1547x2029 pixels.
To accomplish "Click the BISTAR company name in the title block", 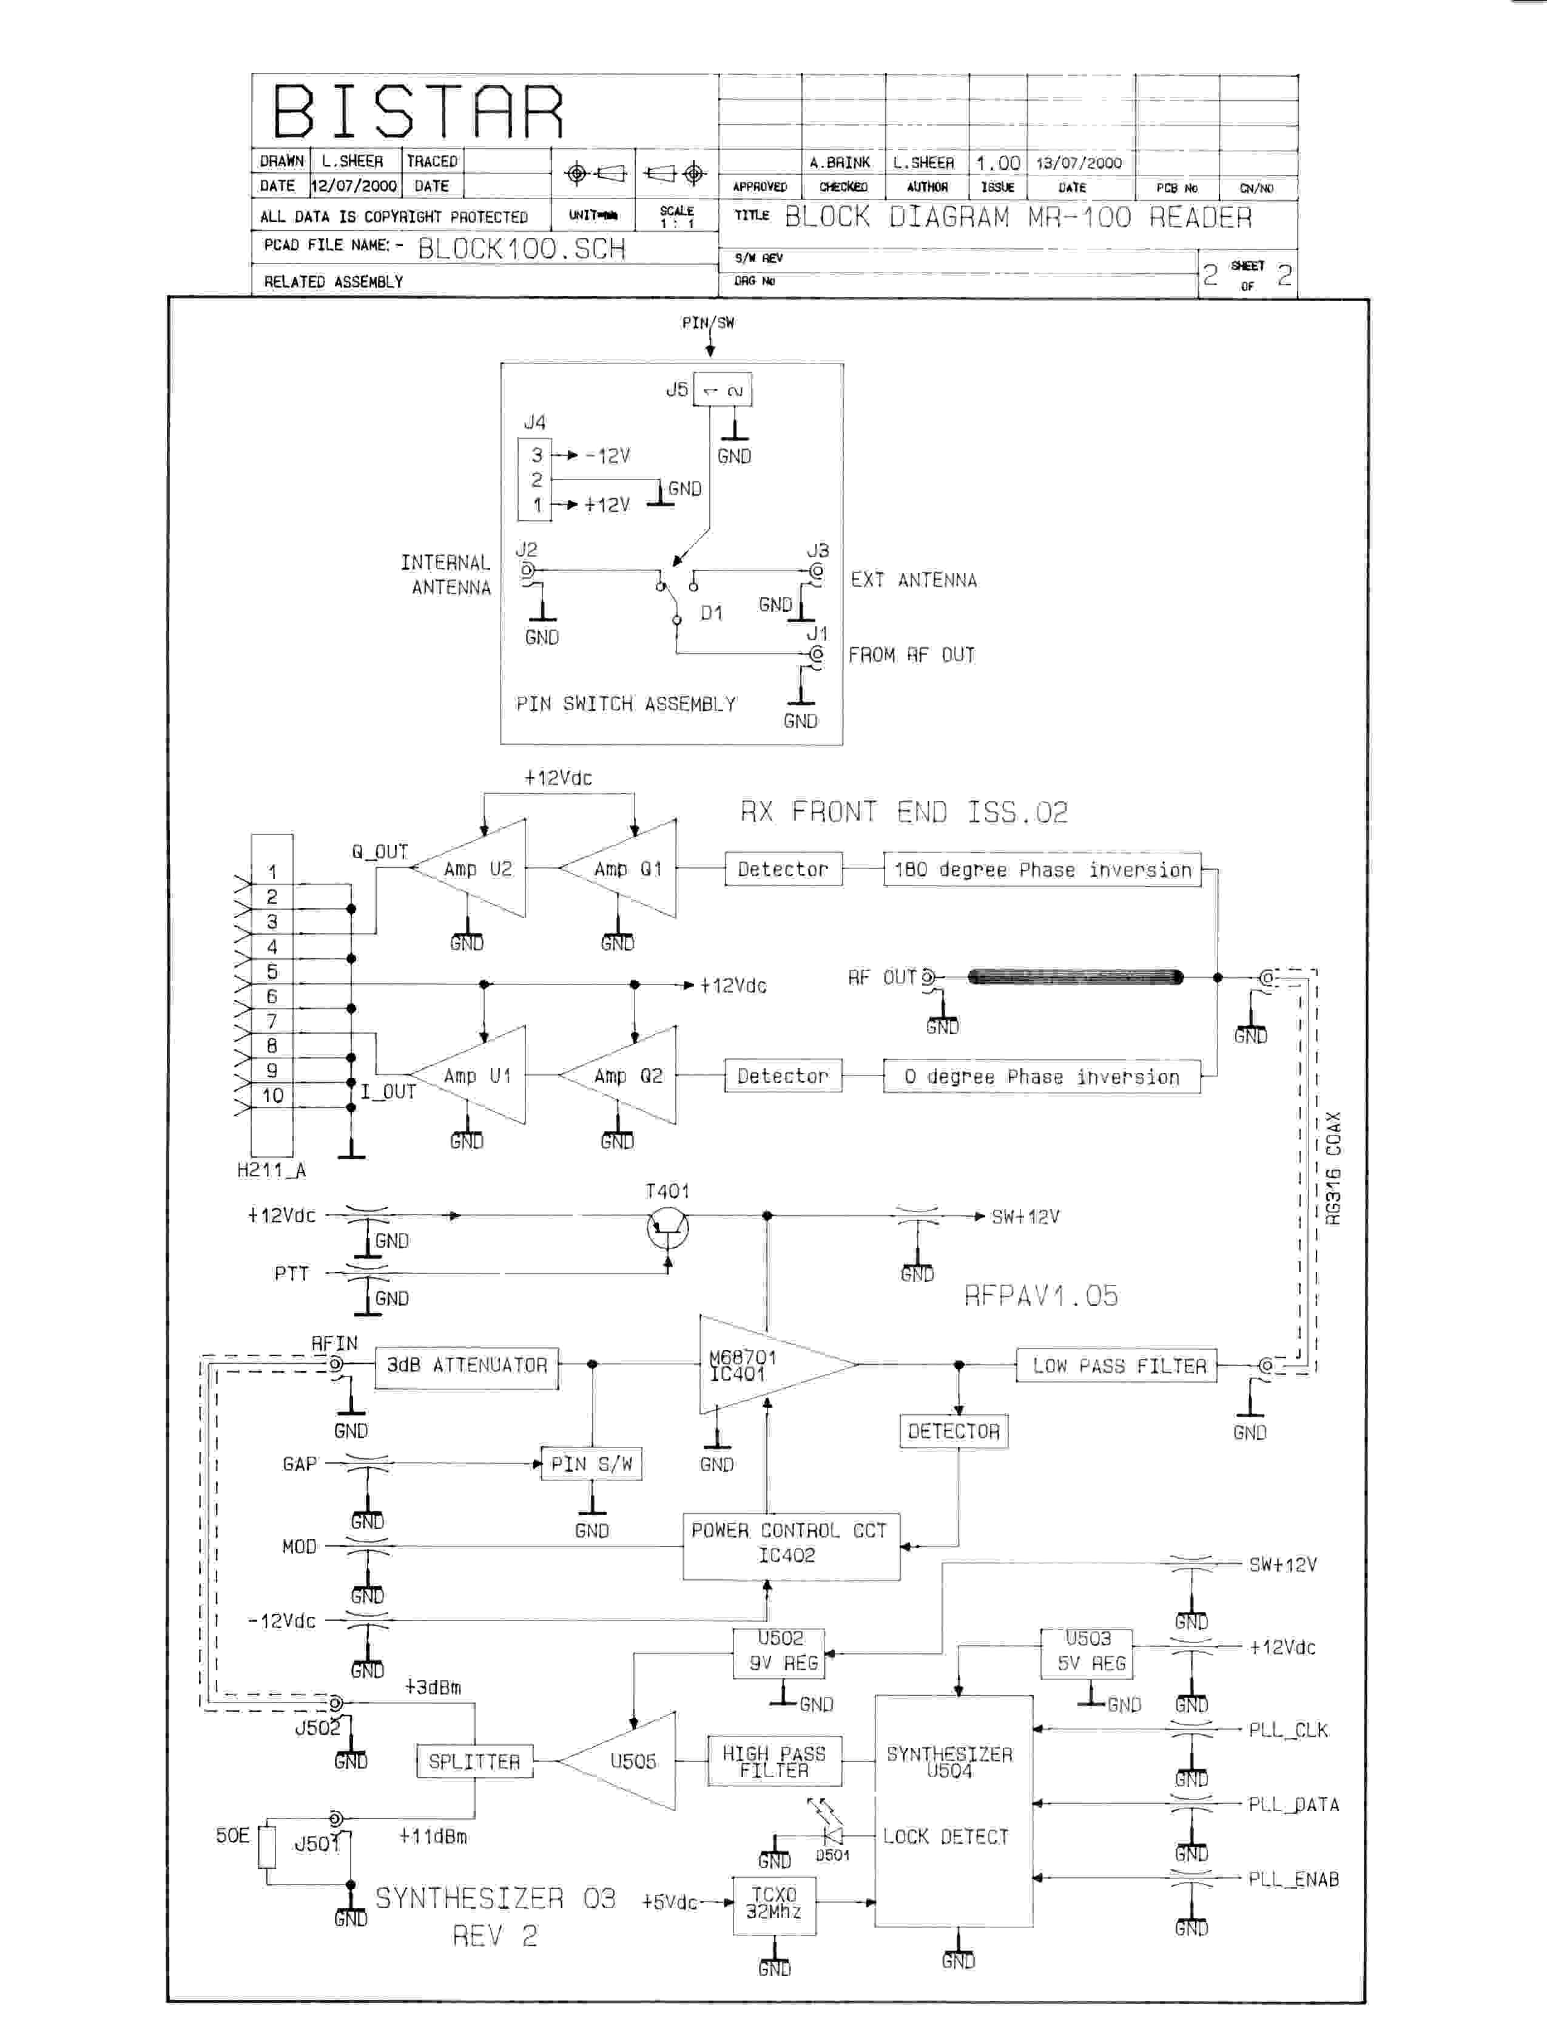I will [418, 112].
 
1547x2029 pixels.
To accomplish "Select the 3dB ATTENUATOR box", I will [467, 1365].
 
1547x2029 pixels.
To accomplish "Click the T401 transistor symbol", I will [667, 1228].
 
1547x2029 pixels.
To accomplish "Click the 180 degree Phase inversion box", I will [1042, 869].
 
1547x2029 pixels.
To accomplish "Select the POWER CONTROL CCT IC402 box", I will [790, 1543].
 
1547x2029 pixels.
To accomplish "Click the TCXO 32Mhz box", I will [773, 1903].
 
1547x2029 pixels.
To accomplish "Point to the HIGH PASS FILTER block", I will [773, 1761].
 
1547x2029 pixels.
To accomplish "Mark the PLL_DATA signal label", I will [1293, 1804].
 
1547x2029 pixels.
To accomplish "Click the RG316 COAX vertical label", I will [1334, 1168].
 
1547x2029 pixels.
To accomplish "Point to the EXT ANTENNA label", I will [914, 580].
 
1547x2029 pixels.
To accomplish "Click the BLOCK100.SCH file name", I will [521, 249].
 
